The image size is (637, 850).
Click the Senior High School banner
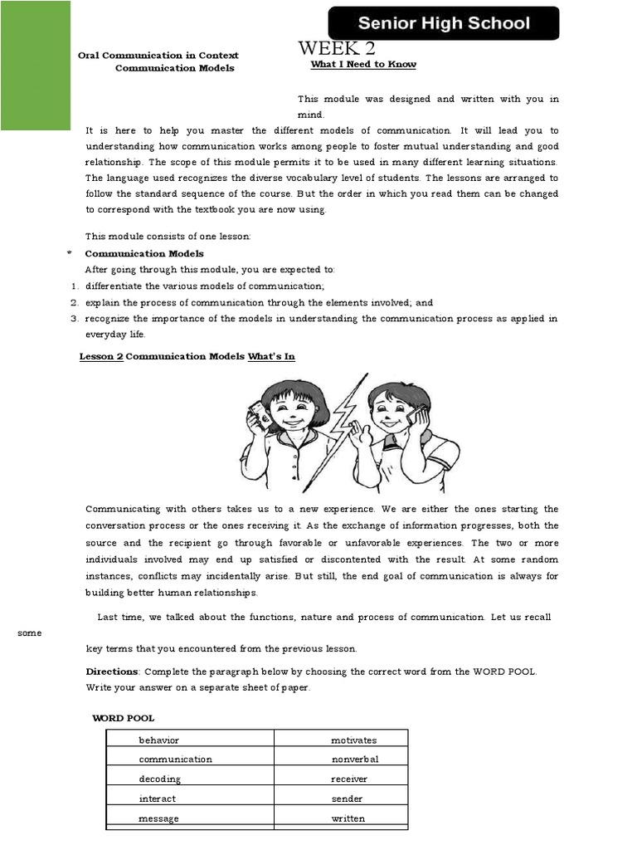tap(444, 23)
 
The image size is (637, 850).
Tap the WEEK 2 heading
tap(337, 50)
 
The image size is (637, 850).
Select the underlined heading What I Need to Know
tap(363, 65)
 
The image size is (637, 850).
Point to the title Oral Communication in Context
tap(158, 56)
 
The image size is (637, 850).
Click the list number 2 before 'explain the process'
tap(73, 303)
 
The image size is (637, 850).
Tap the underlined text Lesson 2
tap(100, 356)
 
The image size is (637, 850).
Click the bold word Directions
tap(112, 671)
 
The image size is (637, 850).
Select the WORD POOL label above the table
tap(123, 718)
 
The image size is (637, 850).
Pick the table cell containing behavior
tap(190, 740)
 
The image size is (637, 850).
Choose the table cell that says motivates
tap(341, 740)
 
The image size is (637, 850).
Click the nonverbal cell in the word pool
tap(341, 760)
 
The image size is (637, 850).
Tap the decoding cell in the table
tap(190, 779)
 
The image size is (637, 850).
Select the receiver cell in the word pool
tap(341, 779)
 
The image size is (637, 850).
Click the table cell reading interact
tap(190, 799)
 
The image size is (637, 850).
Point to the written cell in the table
tap(341, 818)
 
